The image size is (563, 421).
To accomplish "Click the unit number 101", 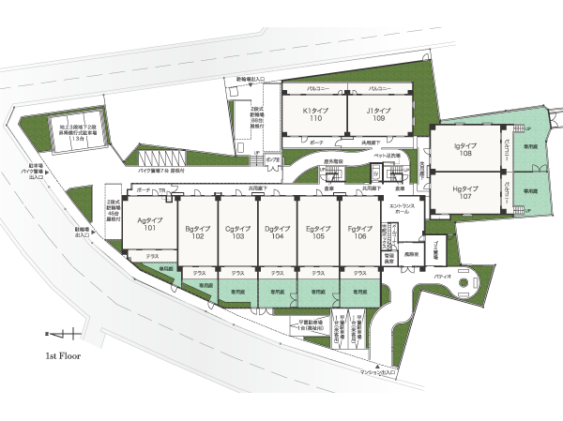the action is pyautogui.click(x=150, y=228).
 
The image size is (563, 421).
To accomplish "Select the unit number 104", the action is pyautogui.click(x=276, y=236).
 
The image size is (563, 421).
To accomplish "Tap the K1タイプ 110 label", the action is pyautogui.click(x=312, y=114).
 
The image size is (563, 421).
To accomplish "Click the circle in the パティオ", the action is pyautogui.click(x=463, y=283).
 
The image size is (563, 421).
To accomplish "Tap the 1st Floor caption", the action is pyautogui.click(x=65, y=357).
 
